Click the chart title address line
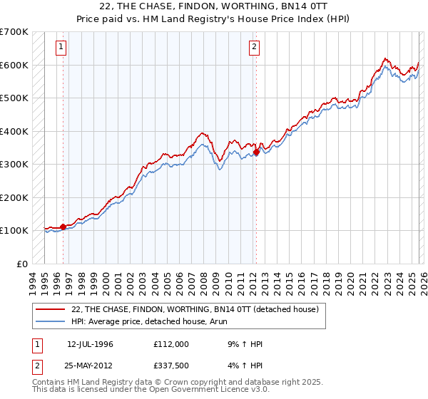click(214, 6)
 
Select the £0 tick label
click(21, 264)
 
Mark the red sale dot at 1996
click(63, 227)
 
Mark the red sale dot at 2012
click(256, 152)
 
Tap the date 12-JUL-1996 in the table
click(90, 344)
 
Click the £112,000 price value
click(171, 344)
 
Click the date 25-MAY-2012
click(91, 366)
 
